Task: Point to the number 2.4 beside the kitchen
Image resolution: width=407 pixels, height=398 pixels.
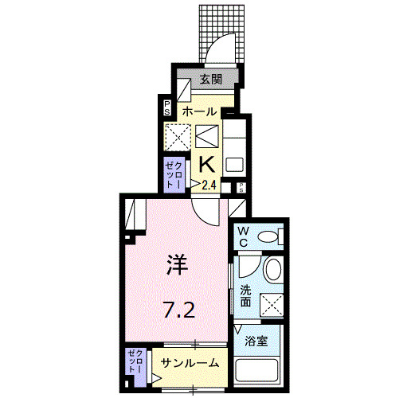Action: click(209, 185)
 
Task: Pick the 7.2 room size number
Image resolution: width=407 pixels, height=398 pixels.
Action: click(178, 310)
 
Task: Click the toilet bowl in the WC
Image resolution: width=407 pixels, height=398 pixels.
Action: click(270, 236)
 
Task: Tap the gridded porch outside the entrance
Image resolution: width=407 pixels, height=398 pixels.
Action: click(219, 32)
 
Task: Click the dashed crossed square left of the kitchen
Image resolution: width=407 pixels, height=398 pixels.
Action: click(177, 137)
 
